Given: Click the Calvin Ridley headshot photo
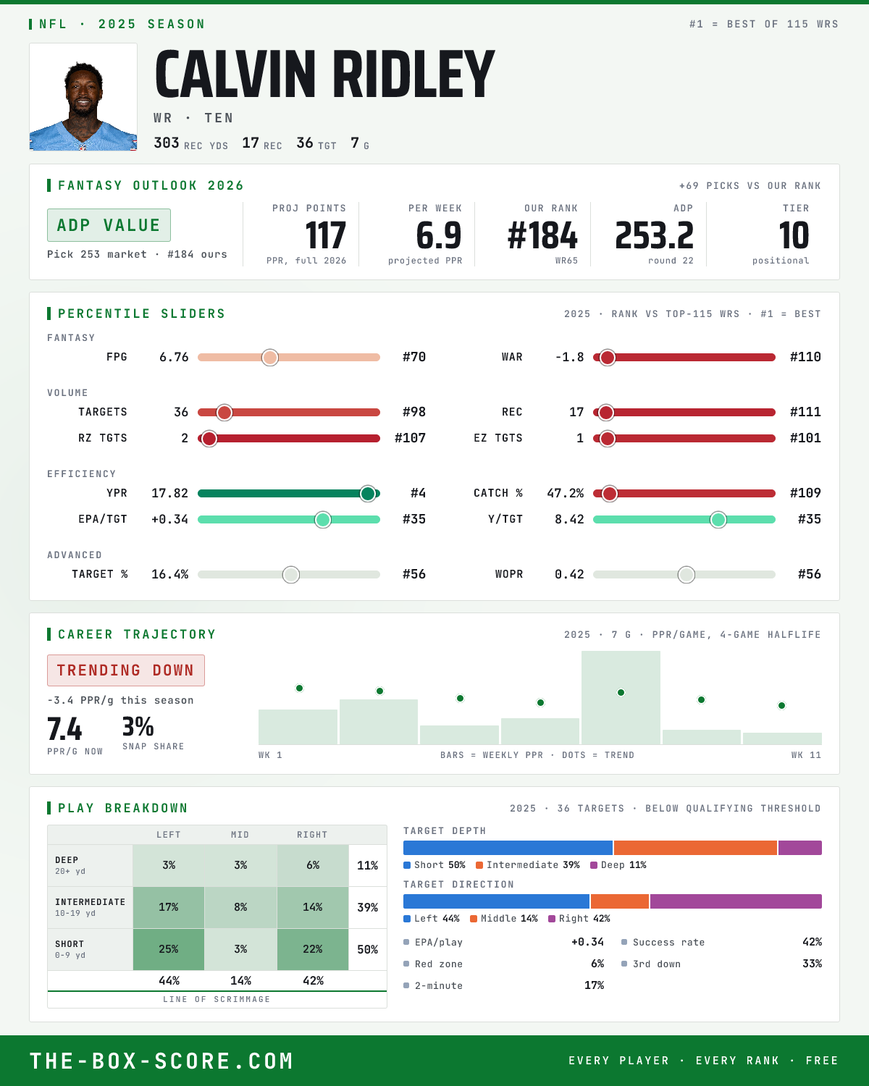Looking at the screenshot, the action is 83,97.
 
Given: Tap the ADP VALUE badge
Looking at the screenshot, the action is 109,225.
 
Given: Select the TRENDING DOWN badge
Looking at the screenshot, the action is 126,670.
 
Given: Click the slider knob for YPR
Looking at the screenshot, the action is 368,494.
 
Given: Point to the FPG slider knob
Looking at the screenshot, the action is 270,357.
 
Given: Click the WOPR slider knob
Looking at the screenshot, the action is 687,574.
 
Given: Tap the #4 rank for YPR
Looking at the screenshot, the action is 418,493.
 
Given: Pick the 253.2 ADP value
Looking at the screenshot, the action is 655,236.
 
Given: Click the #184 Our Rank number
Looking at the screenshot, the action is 542,236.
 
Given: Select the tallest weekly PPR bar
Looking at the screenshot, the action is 621,697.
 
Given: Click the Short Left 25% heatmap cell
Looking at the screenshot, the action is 169,949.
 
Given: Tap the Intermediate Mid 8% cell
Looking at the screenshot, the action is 240,907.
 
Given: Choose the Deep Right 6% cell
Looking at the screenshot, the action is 313,865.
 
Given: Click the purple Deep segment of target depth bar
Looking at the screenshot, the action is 799,848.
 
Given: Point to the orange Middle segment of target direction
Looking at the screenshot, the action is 620,901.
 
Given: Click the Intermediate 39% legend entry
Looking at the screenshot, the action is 528,865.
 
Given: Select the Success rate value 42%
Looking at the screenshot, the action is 812,942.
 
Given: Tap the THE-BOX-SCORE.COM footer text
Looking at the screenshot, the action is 161,1061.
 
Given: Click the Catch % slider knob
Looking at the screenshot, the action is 610,494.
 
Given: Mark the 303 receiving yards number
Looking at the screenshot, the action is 166,143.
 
